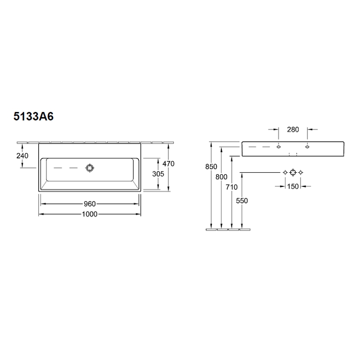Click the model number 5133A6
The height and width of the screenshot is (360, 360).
click(33, 116)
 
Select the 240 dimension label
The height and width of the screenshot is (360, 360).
click(22, 156)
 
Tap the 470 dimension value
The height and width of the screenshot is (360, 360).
click(168, 164)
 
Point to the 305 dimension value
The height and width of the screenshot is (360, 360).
click(158, 174)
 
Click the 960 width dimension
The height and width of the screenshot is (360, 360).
click(90, 204)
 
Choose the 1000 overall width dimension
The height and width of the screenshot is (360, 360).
click(90, 214)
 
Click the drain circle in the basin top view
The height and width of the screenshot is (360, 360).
click(90, 168)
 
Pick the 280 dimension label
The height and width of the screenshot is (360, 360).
click(293, 130)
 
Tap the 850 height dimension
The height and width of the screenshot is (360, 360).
click(211, 166)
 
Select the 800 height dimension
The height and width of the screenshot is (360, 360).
click(221, 177)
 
